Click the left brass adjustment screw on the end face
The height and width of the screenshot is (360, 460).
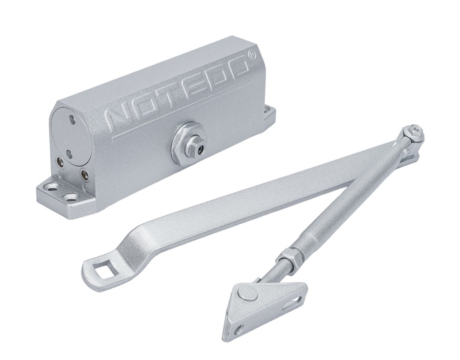60,161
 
